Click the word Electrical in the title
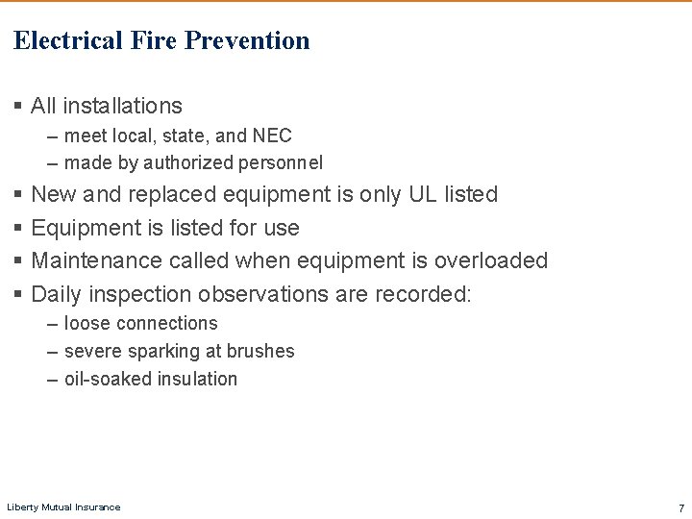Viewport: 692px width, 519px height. click(68, 40)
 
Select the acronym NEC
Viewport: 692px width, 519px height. click(272, 136)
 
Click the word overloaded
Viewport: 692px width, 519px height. click(490, 260)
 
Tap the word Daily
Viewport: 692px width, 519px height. click(57, 293)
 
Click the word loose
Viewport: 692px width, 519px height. click(86, 324)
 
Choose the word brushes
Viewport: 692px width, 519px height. click(260, 352)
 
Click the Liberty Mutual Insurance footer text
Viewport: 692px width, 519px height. click(63, 507)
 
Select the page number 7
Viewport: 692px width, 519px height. click(680, 507)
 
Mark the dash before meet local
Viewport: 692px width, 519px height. click(53, 136)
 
